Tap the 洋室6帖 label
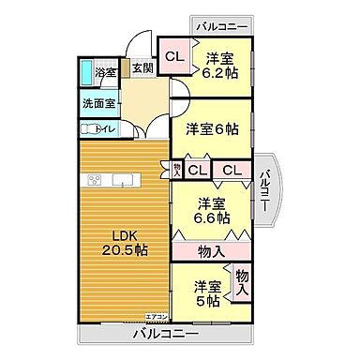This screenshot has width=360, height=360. (211, 127)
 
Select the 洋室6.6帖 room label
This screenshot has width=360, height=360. (213, 211)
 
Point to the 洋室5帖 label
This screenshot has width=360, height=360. (207, 292)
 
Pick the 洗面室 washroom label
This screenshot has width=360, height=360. (98, 103)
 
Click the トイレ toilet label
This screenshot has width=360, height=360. (105, 129)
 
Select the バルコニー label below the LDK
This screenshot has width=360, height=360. (164, 334)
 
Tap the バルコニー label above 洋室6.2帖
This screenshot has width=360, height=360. (221, 25)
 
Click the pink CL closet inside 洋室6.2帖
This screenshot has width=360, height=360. (174, 57)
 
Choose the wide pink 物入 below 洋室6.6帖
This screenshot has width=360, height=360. (212, 250)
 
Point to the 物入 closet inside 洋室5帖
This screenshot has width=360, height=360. (241, 283)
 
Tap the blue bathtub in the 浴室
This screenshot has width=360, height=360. (86, 72)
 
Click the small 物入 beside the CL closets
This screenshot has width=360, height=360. (177, 170)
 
